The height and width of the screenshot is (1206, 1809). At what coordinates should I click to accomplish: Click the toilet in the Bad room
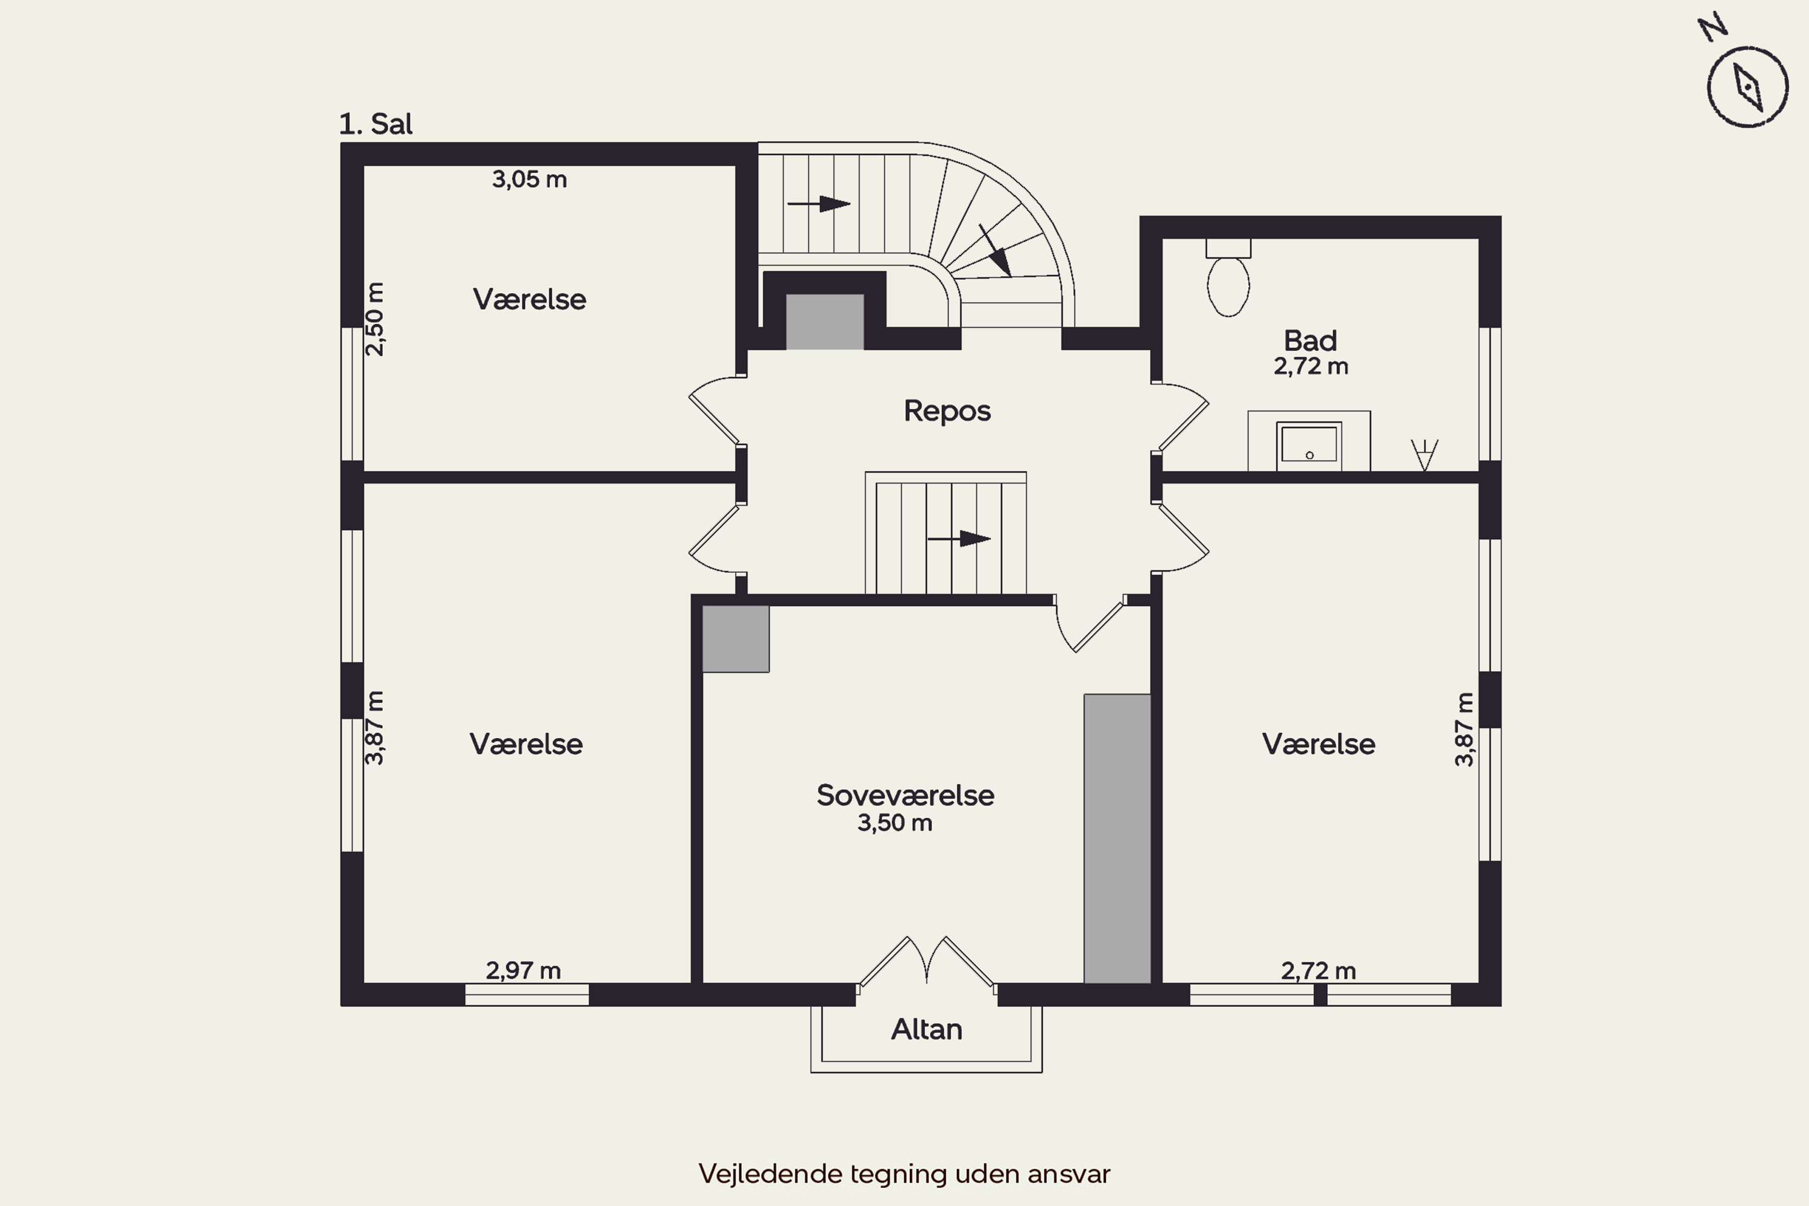click(x=1228, y=277)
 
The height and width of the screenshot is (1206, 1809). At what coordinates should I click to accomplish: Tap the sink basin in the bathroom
click(x=1309, y=446)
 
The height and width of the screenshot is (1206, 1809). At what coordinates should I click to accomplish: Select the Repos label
click(x=947, y=411)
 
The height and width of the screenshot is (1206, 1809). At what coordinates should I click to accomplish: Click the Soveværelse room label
click(x=905, y=795)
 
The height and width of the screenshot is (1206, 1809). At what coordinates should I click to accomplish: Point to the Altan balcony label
click(x=926, y=1029)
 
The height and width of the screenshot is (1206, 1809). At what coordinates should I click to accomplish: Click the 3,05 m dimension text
click(x=529, y=179)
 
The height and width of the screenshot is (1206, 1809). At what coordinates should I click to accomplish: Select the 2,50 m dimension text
click(x=374, y=319)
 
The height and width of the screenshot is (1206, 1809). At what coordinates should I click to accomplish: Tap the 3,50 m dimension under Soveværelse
click(x=894, y=823)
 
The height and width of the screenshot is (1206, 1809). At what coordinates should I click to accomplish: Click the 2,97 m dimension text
click(x=523, y=971)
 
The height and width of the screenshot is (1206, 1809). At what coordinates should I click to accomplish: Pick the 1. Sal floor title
click(x=375, y=124)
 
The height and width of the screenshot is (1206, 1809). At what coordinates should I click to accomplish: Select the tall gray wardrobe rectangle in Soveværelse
click(x=1117, y=838)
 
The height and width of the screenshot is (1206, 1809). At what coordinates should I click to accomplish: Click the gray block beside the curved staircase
click(x=824, y=322)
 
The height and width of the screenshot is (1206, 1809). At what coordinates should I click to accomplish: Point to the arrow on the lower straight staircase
click(x=959, y=538)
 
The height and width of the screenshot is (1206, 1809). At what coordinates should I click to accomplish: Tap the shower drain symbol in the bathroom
click(x=1424, y=455)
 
